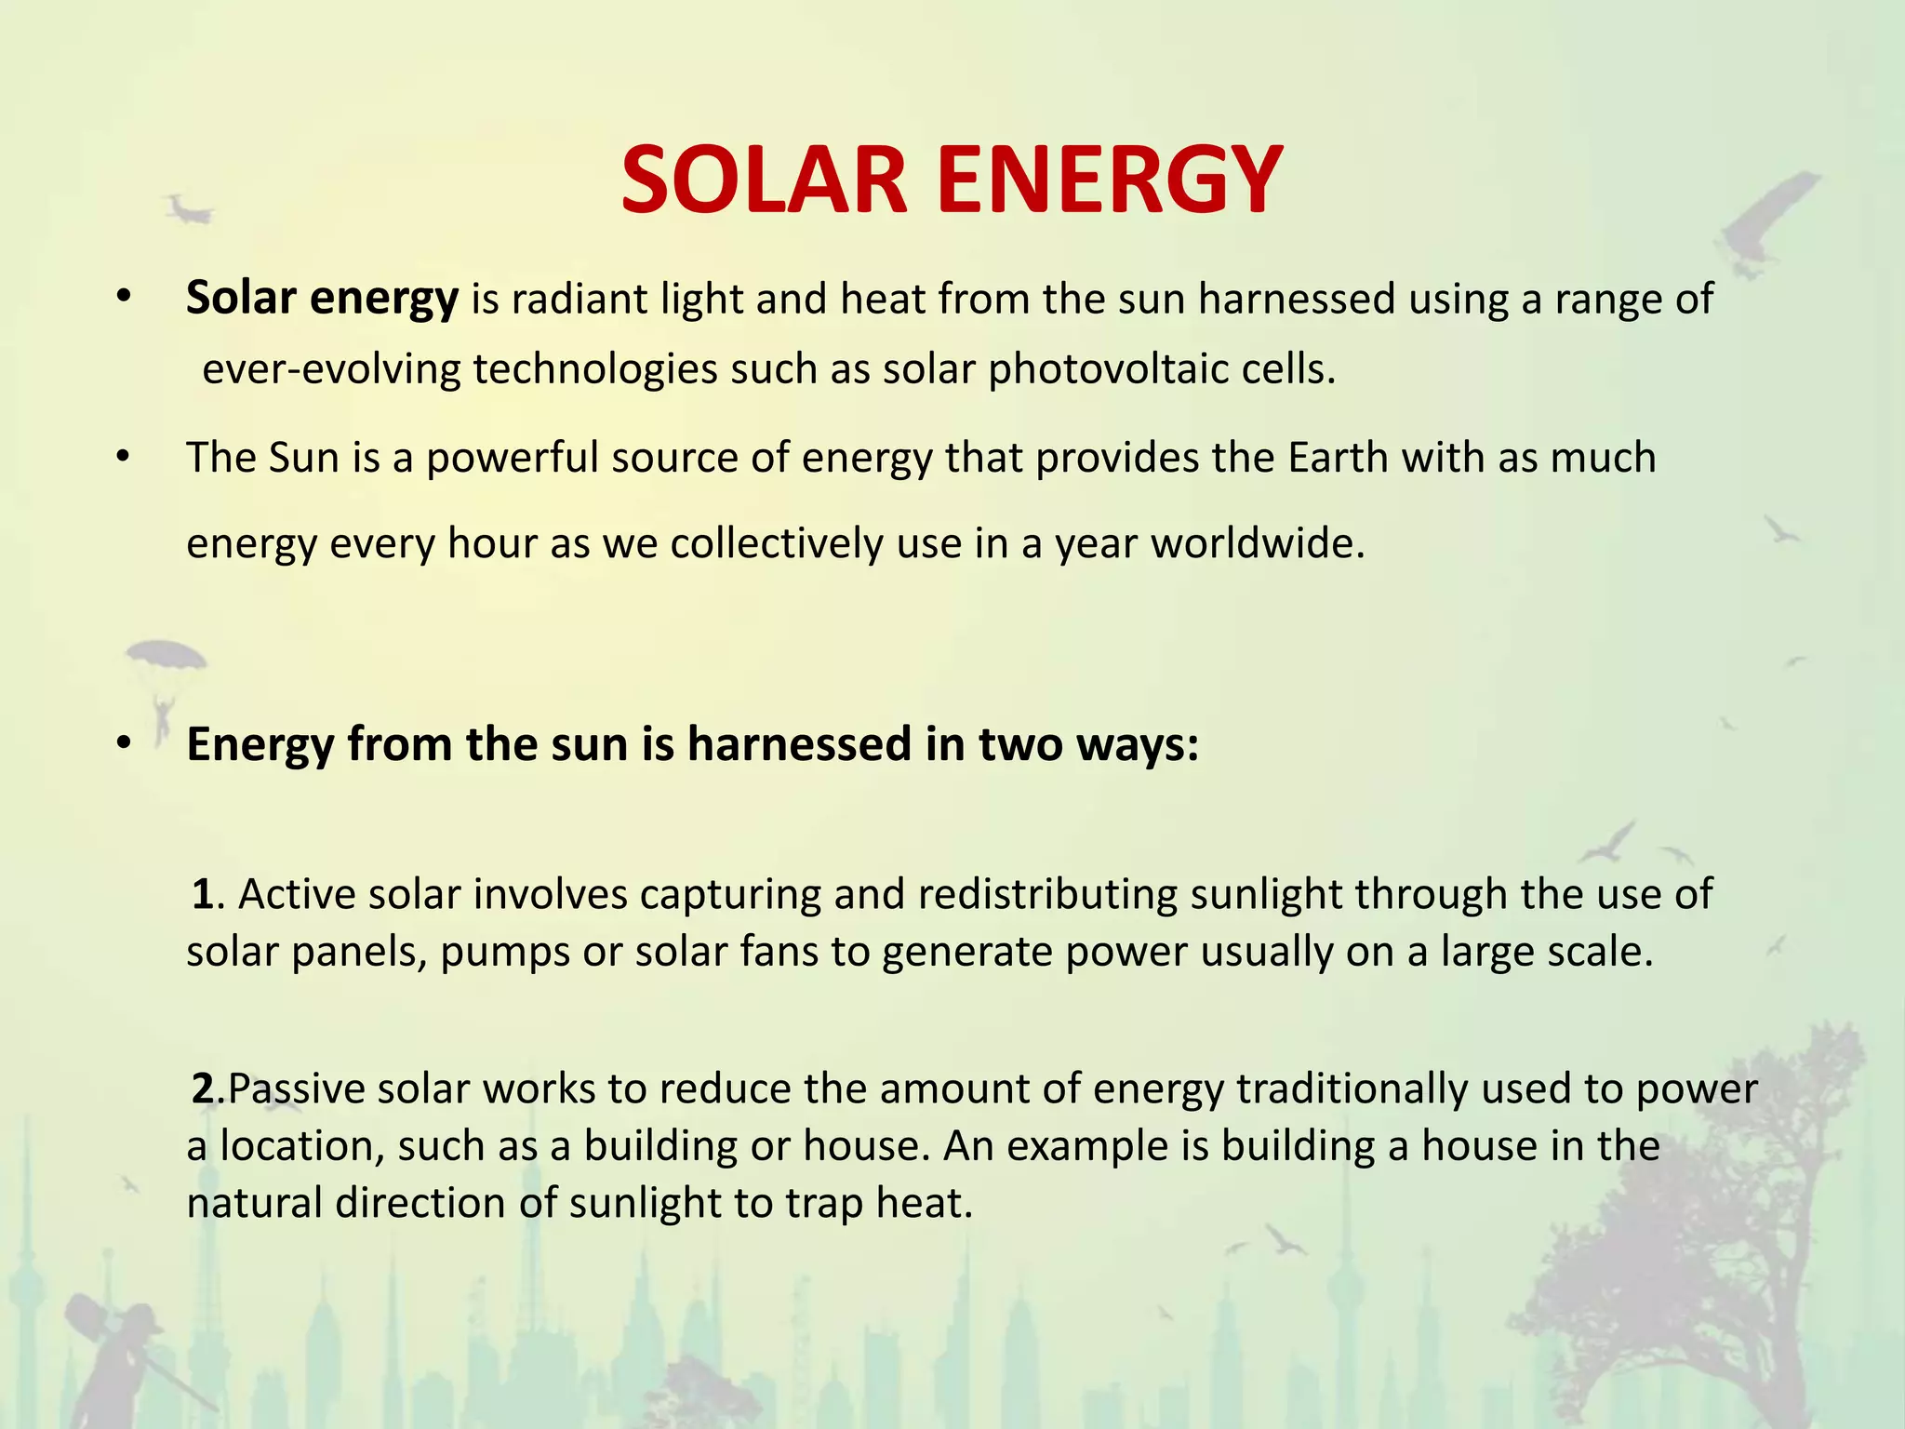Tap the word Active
(x=297, y=894)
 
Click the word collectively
(x=776, y=543)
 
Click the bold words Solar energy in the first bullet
(x=322, y=300)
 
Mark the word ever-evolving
(x=331, y=370)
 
